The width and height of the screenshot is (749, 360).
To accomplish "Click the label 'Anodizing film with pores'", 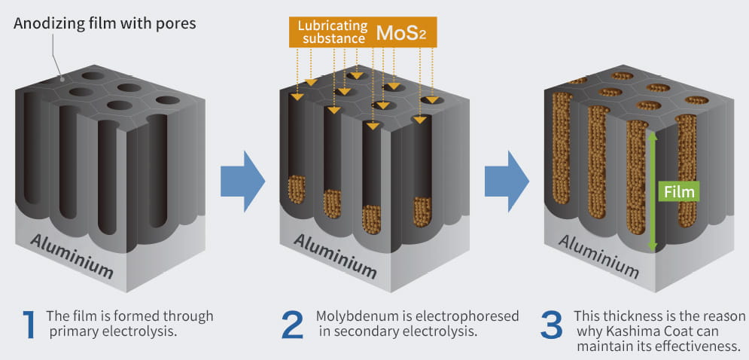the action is pyautogui.click(x=105, y=23).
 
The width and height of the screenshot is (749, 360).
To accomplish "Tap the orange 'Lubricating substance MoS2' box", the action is pyautogui.click(x=363, y=32).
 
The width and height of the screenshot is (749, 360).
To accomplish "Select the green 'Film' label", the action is pyautogui.click(x=679, y=192).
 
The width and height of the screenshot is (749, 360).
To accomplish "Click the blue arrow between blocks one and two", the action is pyautogui.click(x=242, y=182).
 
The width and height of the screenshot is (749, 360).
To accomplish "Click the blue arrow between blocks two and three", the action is pyautogui.click(x=507, y=182).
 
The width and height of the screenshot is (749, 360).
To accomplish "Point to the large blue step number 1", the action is pyautogui.click(x=29, y=325).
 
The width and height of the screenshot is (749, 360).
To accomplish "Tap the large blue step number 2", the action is pyautogui.click(x=293, y=325).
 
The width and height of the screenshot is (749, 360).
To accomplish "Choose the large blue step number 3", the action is pyautogui.click(x=552, y=325).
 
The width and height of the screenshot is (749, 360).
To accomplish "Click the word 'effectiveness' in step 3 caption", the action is pyautogui.click(x=703, y=347).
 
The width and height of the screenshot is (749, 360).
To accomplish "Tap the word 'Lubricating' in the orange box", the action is pyautogui.click(x=333, y=26).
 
